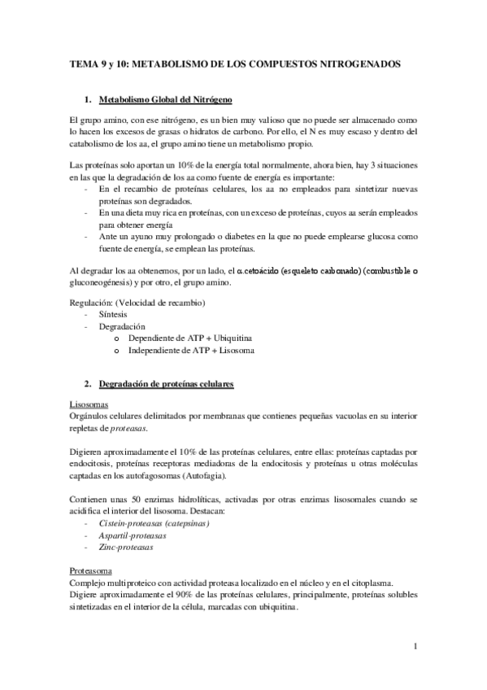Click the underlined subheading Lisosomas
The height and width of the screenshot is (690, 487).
pyautogui.click(x=86, y=404)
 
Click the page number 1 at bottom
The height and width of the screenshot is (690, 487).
pyautogui.click(x=415, y=648)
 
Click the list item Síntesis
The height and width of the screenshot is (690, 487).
pyautogui.click(x=113, y=312)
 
